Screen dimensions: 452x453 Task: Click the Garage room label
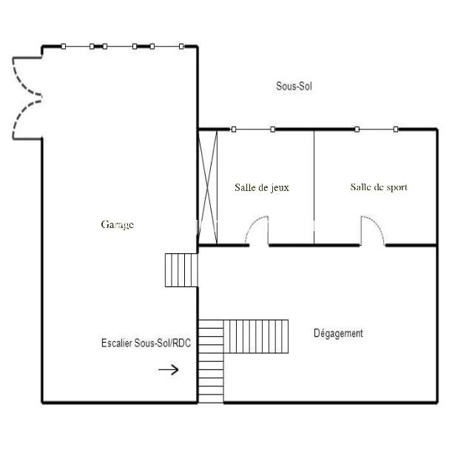point(118,225)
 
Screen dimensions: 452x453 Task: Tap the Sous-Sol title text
point(294,86)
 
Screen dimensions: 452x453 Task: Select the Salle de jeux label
point(262,188)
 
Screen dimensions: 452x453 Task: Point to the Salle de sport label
point(379,187)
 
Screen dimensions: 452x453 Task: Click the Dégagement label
point(338,333)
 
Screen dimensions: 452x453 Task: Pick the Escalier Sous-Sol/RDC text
point(146,343)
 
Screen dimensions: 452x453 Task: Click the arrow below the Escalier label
point(169,369)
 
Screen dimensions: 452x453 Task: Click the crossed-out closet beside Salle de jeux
point(208,187)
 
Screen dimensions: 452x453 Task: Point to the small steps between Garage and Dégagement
point(181,270)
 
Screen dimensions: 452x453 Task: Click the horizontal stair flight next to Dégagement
point(256,337)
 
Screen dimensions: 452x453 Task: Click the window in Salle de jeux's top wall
point(253,129)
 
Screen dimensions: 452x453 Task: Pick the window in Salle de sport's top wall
point(377,129)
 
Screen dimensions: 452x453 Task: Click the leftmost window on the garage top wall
point(78,46)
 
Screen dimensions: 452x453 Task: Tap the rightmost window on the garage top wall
point(166,46)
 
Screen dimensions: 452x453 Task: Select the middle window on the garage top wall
point(120,46)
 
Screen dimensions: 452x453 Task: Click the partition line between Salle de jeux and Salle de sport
point(314,187)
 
